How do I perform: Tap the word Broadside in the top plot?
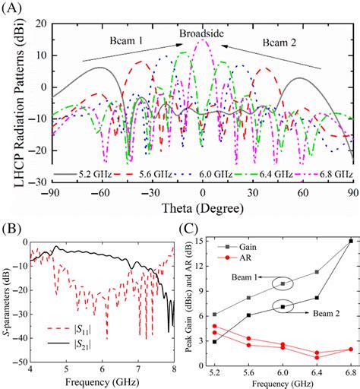(x=201, y=34)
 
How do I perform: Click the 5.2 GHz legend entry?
(x=76, y=175)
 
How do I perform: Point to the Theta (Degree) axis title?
(x=201, y=209)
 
